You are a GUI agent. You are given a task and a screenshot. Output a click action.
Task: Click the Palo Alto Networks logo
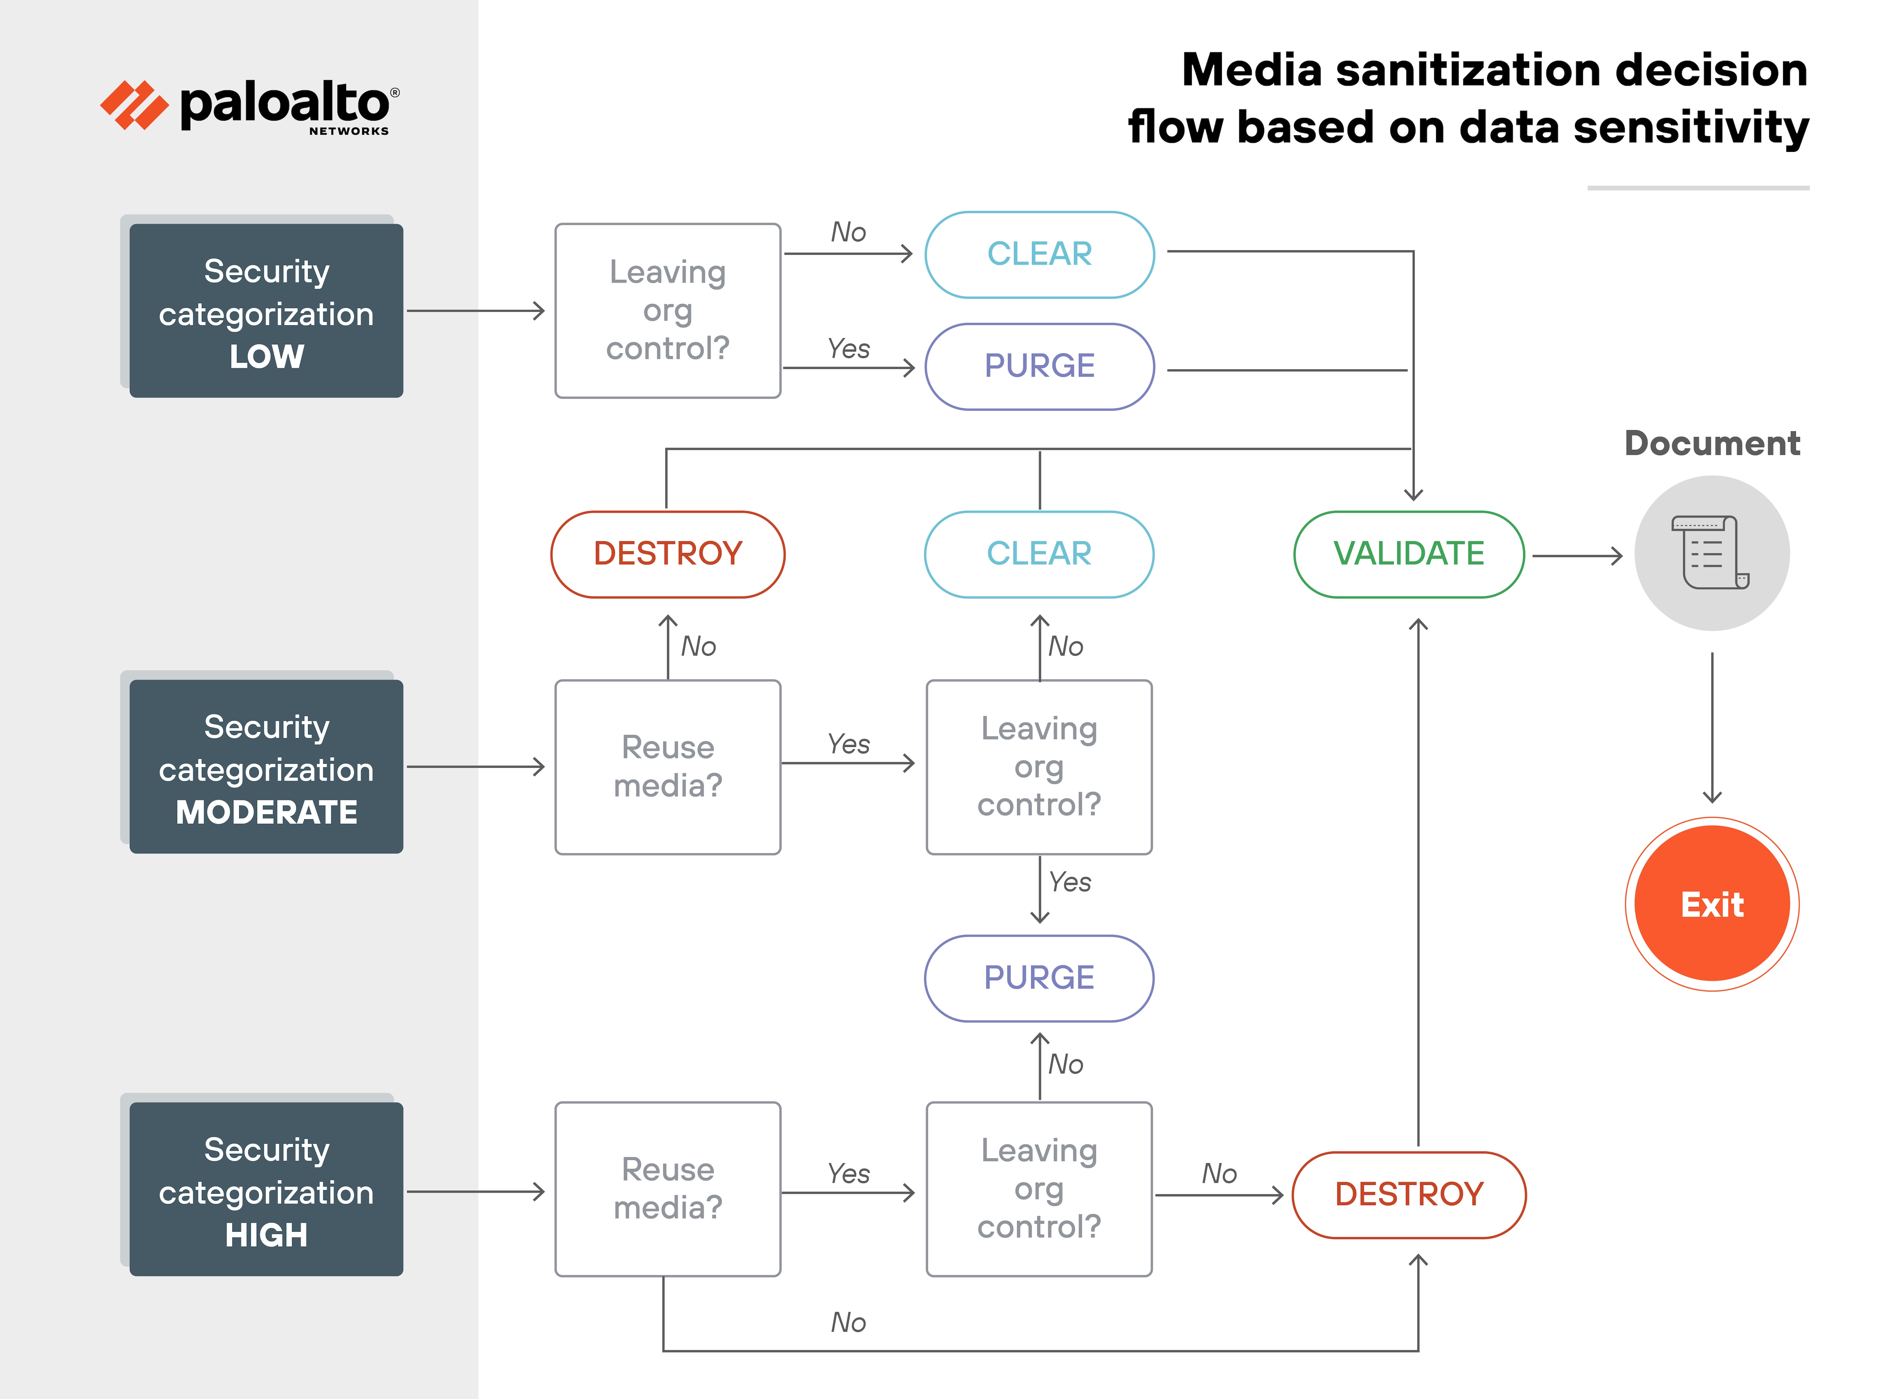tap(250, 106)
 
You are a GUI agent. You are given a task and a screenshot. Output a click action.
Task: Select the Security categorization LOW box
tap(266, 311)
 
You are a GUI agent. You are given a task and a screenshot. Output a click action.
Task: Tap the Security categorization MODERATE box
tap(266, 766)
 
